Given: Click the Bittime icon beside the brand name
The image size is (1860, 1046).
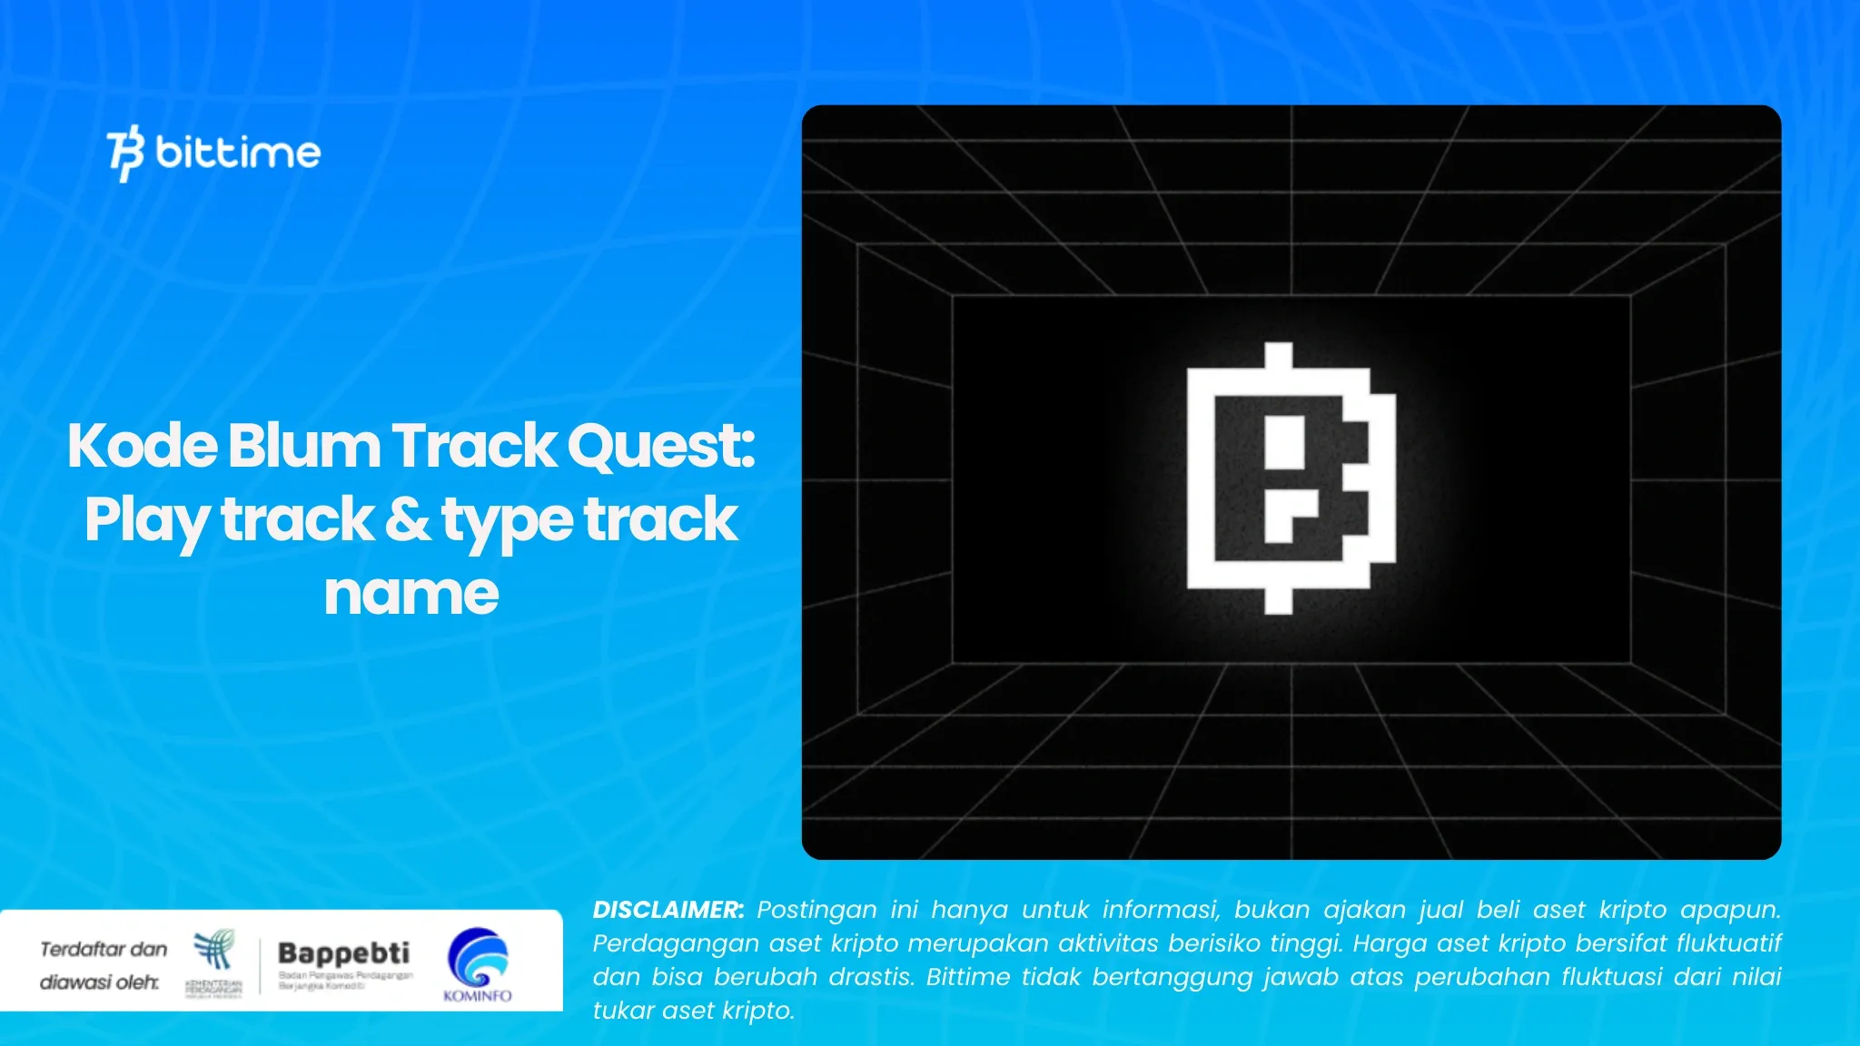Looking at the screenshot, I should (125, 153).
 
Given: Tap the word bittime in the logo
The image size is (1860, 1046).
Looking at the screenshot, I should (238, 153).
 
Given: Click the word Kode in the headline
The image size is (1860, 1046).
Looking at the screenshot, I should (142, 446).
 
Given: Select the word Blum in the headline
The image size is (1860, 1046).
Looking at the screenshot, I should (303, 446).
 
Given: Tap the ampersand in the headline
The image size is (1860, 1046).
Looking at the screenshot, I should (408, 520).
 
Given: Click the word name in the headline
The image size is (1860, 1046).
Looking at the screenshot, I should (411, 595).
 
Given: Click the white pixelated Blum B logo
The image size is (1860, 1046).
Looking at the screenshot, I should (1290, 479).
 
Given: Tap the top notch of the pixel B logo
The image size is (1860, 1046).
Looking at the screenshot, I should (1279, 355).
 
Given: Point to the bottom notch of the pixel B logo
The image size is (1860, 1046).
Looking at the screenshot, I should (1279, 600).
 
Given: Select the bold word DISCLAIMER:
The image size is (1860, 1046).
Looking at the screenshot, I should (668, 910).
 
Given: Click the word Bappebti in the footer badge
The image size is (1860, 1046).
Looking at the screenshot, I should (343, 953).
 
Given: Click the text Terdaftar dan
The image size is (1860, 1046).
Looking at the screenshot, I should (104, 949).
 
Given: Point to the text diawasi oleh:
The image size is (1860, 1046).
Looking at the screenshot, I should (99, 982).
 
